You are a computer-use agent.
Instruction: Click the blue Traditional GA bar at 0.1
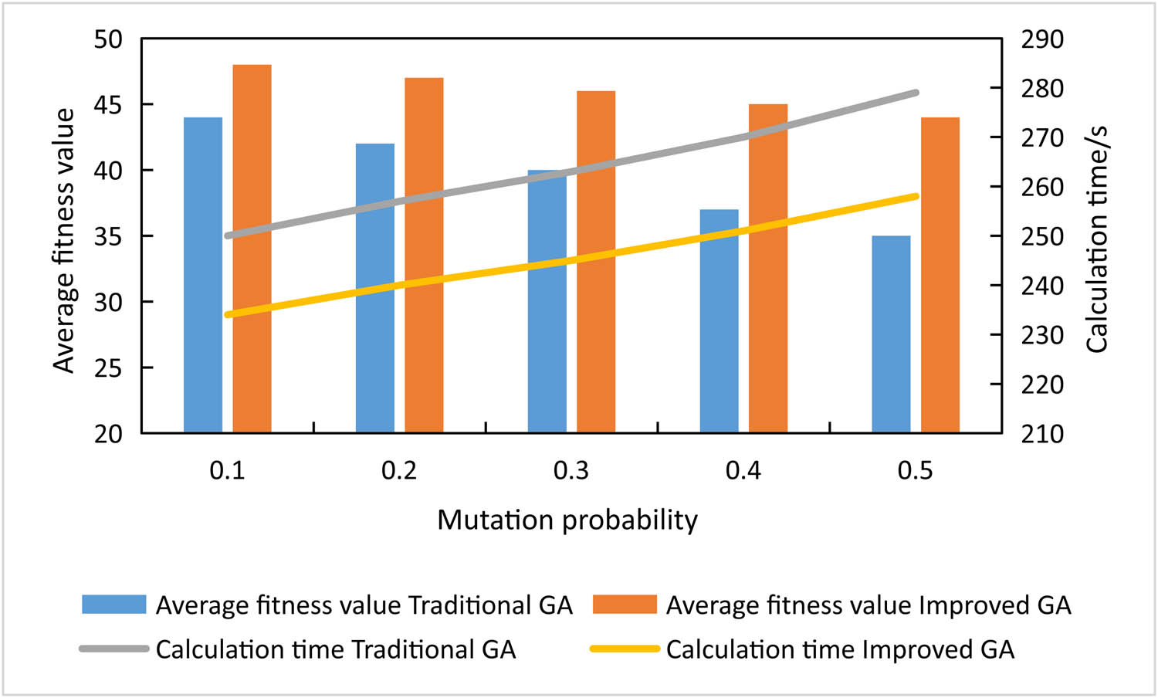[x=203, y=274]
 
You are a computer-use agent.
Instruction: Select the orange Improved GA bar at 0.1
[x=252, y=248]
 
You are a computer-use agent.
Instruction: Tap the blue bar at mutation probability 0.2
[x=375, y=287]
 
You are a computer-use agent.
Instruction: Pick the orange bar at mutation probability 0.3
[x=596, y=261]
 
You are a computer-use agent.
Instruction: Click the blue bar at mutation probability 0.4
[x=719, y=320]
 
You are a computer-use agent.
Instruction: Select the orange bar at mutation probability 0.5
[x=940, y=274]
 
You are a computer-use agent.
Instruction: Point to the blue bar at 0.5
[x=891, y=334]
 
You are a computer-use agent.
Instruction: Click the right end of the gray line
[x=916, y=93]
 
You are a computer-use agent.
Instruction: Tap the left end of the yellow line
[x=228, y=314]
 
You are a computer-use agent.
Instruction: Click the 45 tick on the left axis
[x=108, y=105]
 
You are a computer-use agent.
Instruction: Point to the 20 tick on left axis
[x=108, y=434]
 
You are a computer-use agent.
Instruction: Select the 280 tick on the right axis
[x=1041, y=89]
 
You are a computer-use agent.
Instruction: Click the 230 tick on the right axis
[x=1041, y=335]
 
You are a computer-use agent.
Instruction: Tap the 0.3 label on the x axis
[x=571, y=470]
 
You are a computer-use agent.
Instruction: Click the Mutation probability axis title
[x=567, y=520]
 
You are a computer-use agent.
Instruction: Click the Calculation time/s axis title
[x=1096, y=239]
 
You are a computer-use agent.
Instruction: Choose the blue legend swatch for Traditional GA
[x=114, y=605]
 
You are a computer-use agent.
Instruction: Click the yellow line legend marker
[x=625, y=649]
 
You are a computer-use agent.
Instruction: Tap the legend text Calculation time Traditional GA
[x=336, y=649]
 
